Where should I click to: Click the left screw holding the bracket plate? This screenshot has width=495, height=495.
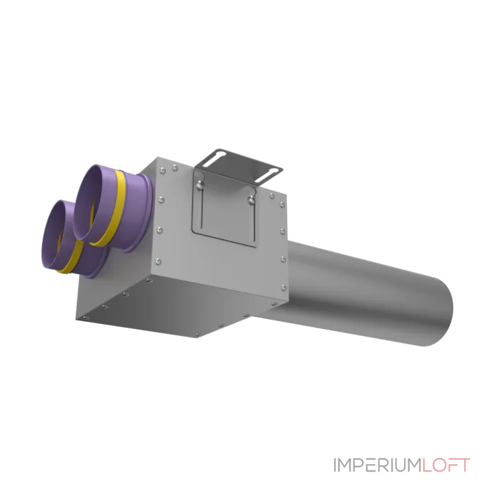199,184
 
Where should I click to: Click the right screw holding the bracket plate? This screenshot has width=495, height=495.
252,199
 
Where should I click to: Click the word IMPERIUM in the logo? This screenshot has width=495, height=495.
378,465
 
